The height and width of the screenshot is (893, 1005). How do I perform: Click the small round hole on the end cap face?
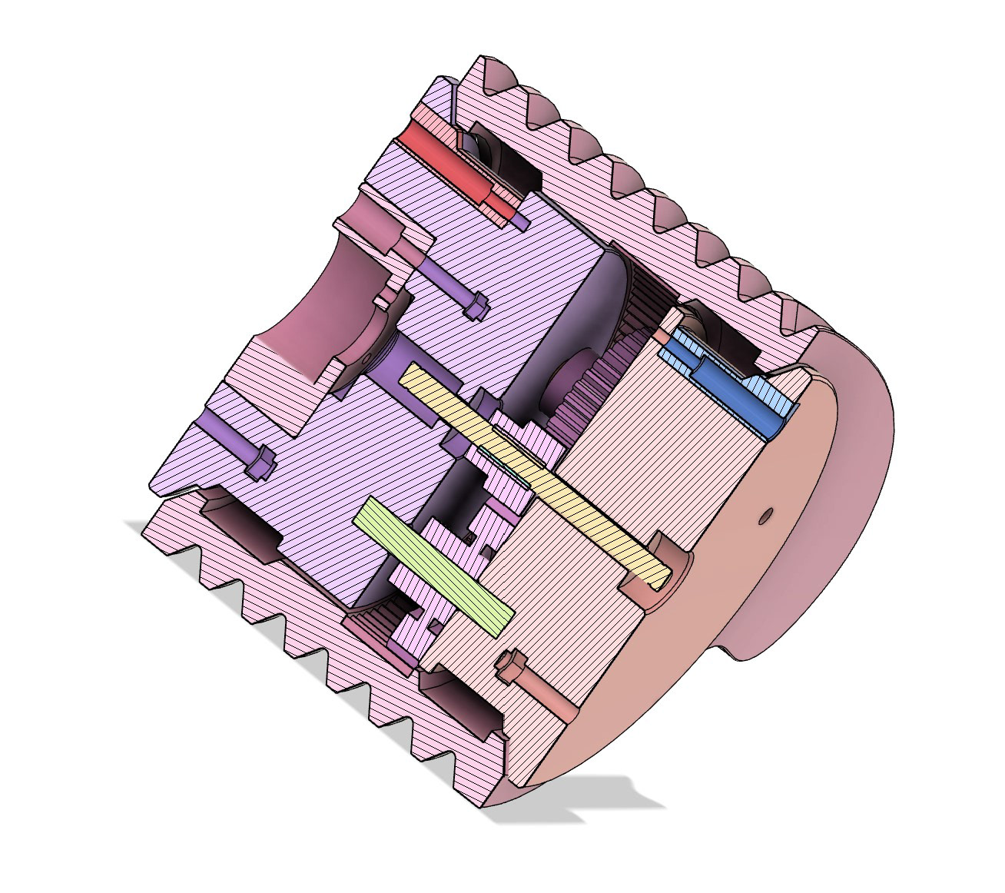point(764,516)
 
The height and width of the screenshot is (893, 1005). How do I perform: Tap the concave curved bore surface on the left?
point(292,307)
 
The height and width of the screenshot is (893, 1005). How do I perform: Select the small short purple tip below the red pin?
point(520,223)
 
